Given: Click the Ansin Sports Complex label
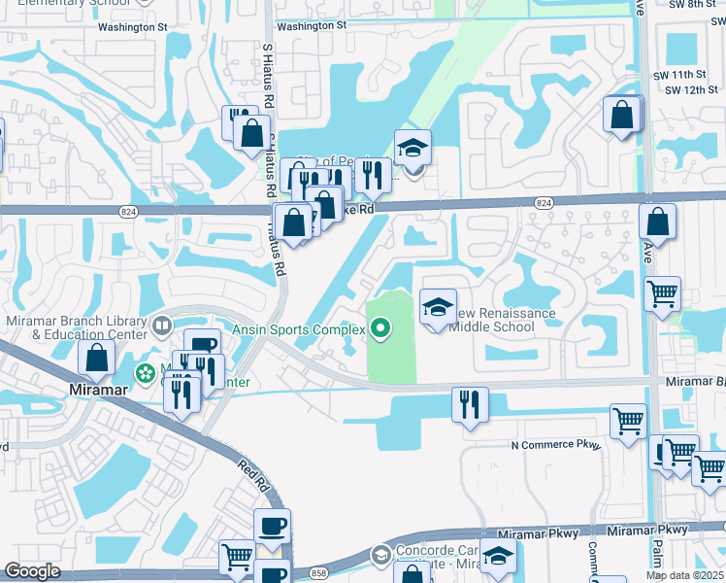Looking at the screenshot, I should pyautogui.click(x=297, y=330).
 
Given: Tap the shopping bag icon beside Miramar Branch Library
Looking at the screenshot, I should pyautogui.click(x=97, y=359).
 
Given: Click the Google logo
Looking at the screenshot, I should pyautogui.click(x=32, y=571).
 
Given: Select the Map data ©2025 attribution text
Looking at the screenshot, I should pyautogui.click(x=684, y=575).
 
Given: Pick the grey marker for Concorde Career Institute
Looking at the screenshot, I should pyautogui.click(x=380, y=556).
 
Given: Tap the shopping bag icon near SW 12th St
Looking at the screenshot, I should pyautogui.click(x=621, y=114).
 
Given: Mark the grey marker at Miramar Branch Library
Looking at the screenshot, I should pyautogui.click(x=162, y=326).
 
